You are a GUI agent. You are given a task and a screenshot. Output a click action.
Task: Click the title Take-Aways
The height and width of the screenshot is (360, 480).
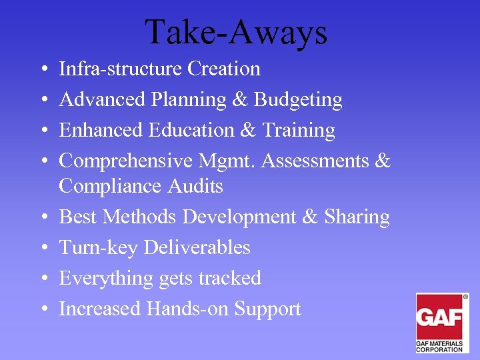(236, 31)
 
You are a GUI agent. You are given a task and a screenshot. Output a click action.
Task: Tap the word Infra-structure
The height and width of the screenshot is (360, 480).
(121, 69)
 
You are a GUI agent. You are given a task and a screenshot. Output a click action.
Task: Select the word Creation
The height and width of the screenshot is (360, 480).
(224, 69)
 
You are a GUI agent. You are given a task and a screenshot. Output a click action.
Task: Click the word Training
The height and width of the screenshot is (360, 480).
(298, 130)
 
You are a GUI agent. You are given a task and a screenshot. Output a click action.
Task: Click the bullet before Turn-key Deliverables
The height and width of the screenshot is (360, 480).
(42, 248)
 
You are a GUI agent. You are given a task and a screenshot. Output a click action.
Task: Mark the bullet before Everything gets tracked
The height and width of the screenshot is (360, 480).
(42, 279)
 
